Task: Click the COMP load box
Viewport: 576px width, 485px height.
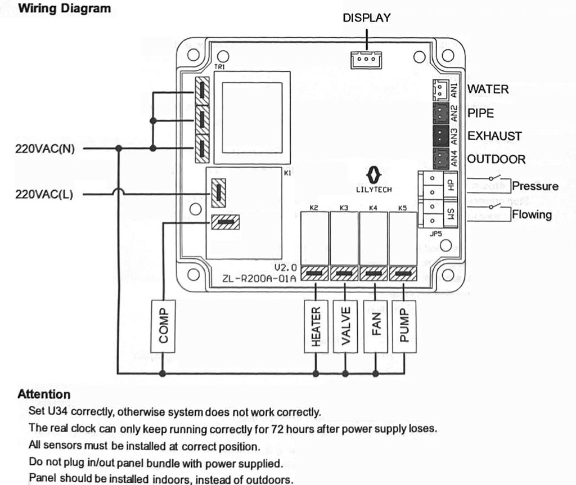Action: [163, 326]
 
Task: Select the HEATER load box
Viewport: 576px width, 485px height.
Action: [316, 326]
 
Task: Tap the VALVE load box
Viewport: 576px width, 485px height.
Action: [345, 326]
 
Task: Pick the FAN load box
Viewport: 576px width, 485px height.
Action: [376, 326]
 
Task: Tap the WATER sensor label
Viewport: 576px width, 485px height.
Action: [488, 89]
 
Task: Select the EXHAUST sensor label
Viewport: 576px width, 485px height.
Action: [494, 136]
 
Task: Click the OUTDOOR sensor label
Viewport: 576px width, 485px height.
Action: [496, 159]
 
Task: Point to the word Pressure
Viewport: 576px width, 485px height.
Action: [535, 186]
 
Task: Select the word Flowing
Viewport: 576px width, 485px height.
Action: [532, 214]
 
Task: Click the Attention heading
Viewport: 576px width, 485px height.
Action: [44, 394]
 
